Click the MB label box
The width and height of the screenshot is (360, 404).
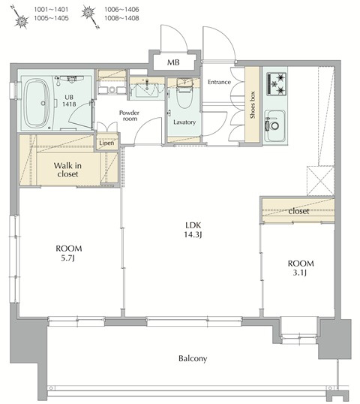[x=173, y=62]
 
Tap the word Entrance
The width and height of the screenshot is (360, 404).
[x=219, y=82]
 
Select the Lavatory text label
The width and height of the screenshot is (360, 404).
[x=184, y=121]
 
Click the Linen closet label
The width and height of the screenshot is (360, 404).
[x=106, y=143]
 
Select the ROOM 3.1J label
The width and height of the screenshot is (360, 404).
[x=300, y=269]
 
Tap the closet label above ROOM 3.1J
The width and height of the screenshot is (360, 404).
[x=299, y=211]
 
